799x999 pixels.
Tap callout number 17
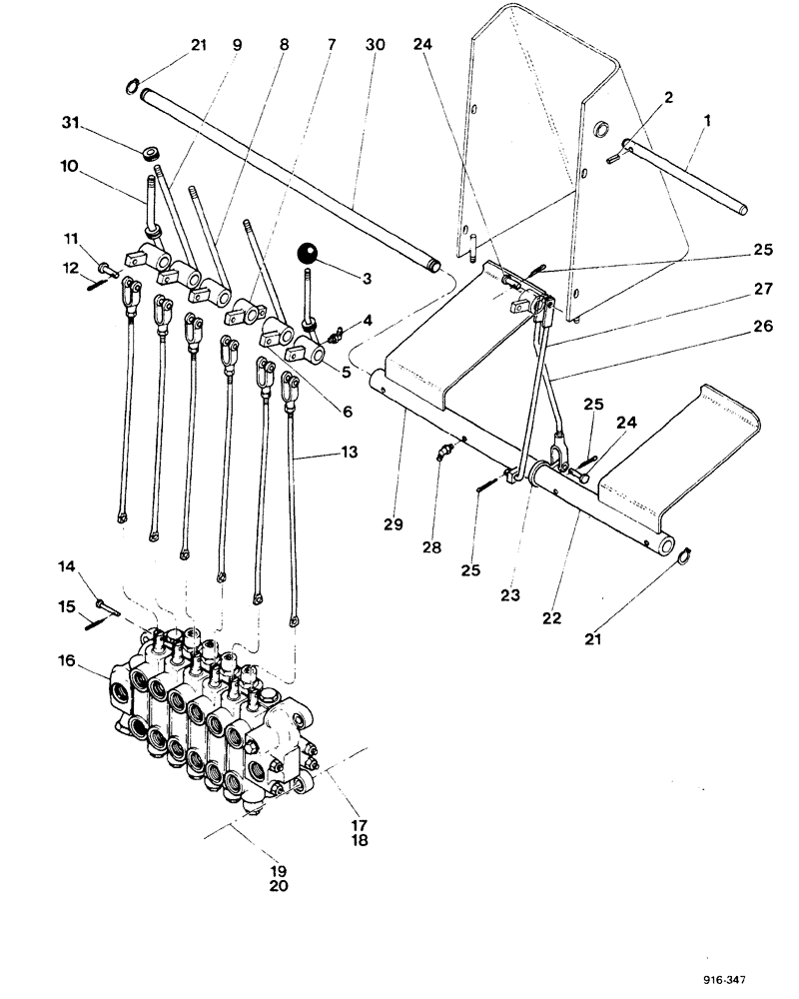tap(360, 824)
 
